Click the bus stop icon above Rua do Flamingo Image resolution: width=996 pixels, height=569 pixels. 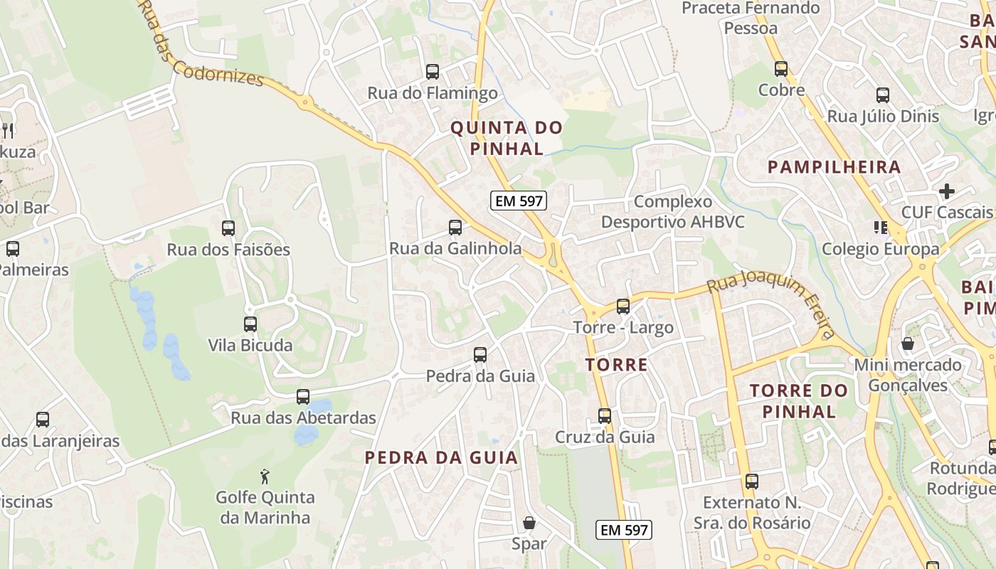tap(432, 72)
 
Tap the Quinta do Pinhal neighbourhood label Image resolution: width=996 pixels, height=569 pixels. tap(507, 138)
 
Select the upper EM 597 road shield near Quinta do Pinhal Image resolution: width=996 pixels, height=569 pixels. tap(519, 201)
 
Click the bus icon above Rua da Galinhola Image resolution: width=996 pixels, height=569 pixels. tap(455, 228)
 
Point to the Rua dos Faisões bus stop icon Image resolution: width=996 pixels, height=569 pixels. tap(228, 228)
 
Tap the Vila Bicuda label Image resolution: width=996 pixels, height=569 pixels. tap(250, 345)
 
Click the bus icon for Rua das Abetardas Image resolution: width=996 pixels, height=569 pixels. tap(303, 397)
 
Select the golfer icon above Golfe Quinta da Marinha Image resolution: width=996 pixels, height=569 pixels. tap(265, 475)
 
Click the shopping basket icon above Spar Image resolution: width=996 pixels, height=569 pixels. tap(529, 523)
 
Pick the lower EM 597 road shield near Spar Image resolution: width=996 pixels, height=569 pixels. tap(623, 530)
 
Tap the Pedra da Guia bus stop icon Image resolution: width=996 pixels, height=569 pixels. tap(480, 354)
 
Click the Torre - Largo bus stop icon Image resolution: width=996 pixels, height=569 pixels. tap(623, 307)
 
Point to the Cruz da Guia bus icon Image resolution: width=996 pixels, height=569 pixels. tap(605, 415)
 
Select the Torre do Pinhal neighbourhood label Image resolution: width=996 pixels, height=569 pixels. tap(799, 400)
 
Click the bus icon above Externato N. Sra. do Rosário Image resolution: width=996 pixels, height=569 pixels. tap(752, 482)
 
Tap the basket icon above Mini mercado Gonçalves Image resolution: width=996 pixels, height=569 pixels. tap(908, 344)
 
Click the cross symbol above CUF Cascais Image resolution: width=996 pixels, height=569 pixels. tap(946, 191)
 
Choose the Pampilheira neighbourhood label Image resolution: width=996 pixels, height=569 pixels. tap(835, 167)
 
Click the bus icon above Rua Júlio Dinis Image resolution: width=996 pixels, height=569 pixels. tap(883, 95)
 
